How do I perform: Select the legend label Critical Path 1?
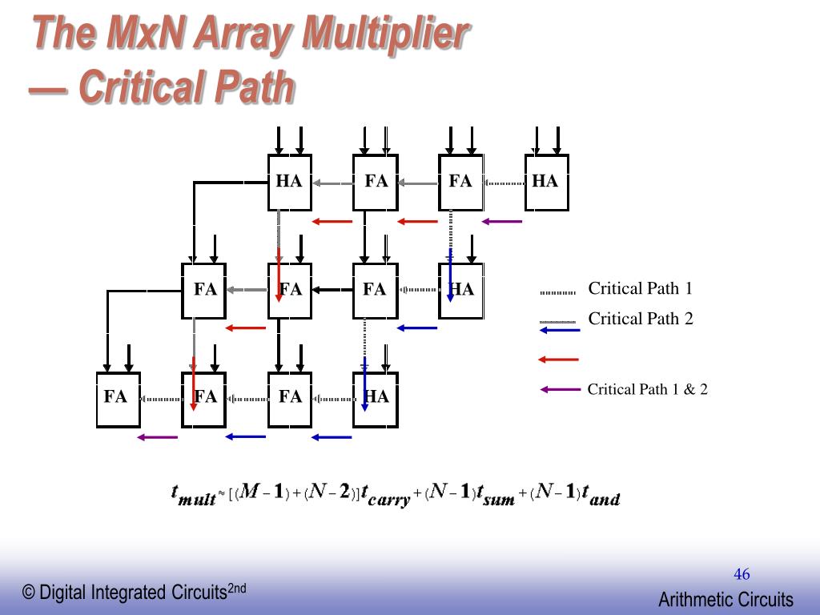(x=640, y=289)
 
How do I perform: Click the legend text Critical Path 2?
(x=640, y=319)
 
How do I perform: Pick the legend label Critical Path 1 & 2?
(x=647, y=390)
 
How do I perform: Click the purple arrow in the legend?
(x=560, y=390)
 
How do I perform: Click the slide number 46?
(x=742, y=574)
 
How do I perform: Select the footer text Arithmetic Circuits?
(x=726, y=600)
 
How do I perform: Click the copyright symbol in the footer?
(x=30, y=593)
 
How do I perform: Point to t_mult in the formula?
(x=194, y=494)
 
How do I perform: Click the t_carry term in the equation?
(x=385, y=494)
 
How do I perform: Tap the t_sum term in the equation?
(x=496, y=494)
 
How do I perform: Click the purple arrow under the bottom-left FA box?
(x=157, y=437)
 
